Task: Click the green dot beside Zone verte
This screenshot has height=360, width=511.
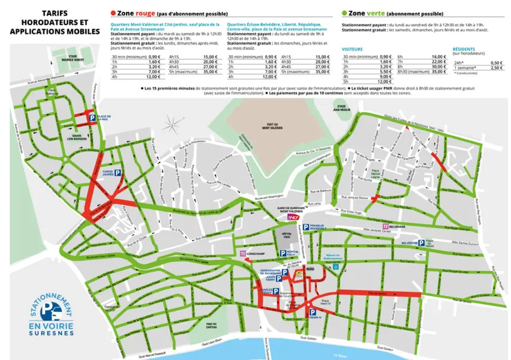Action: coord(344,13)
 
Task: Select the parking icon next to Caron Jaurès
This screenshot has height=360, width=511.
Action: coord(118,172)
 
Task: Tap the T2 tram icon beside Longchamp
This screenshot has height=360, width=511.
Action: coord(243,254)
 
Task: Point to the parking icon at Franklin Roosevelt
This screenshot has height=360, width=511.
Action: coord(306,227)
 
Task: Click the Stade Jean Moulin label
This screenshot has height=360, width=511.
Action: coord(359,108)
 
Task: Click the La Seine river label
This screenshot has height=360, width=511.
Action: coord(340,353)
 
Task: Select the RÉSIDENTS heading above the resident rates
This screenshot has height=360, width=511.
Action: coord(465,49)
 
